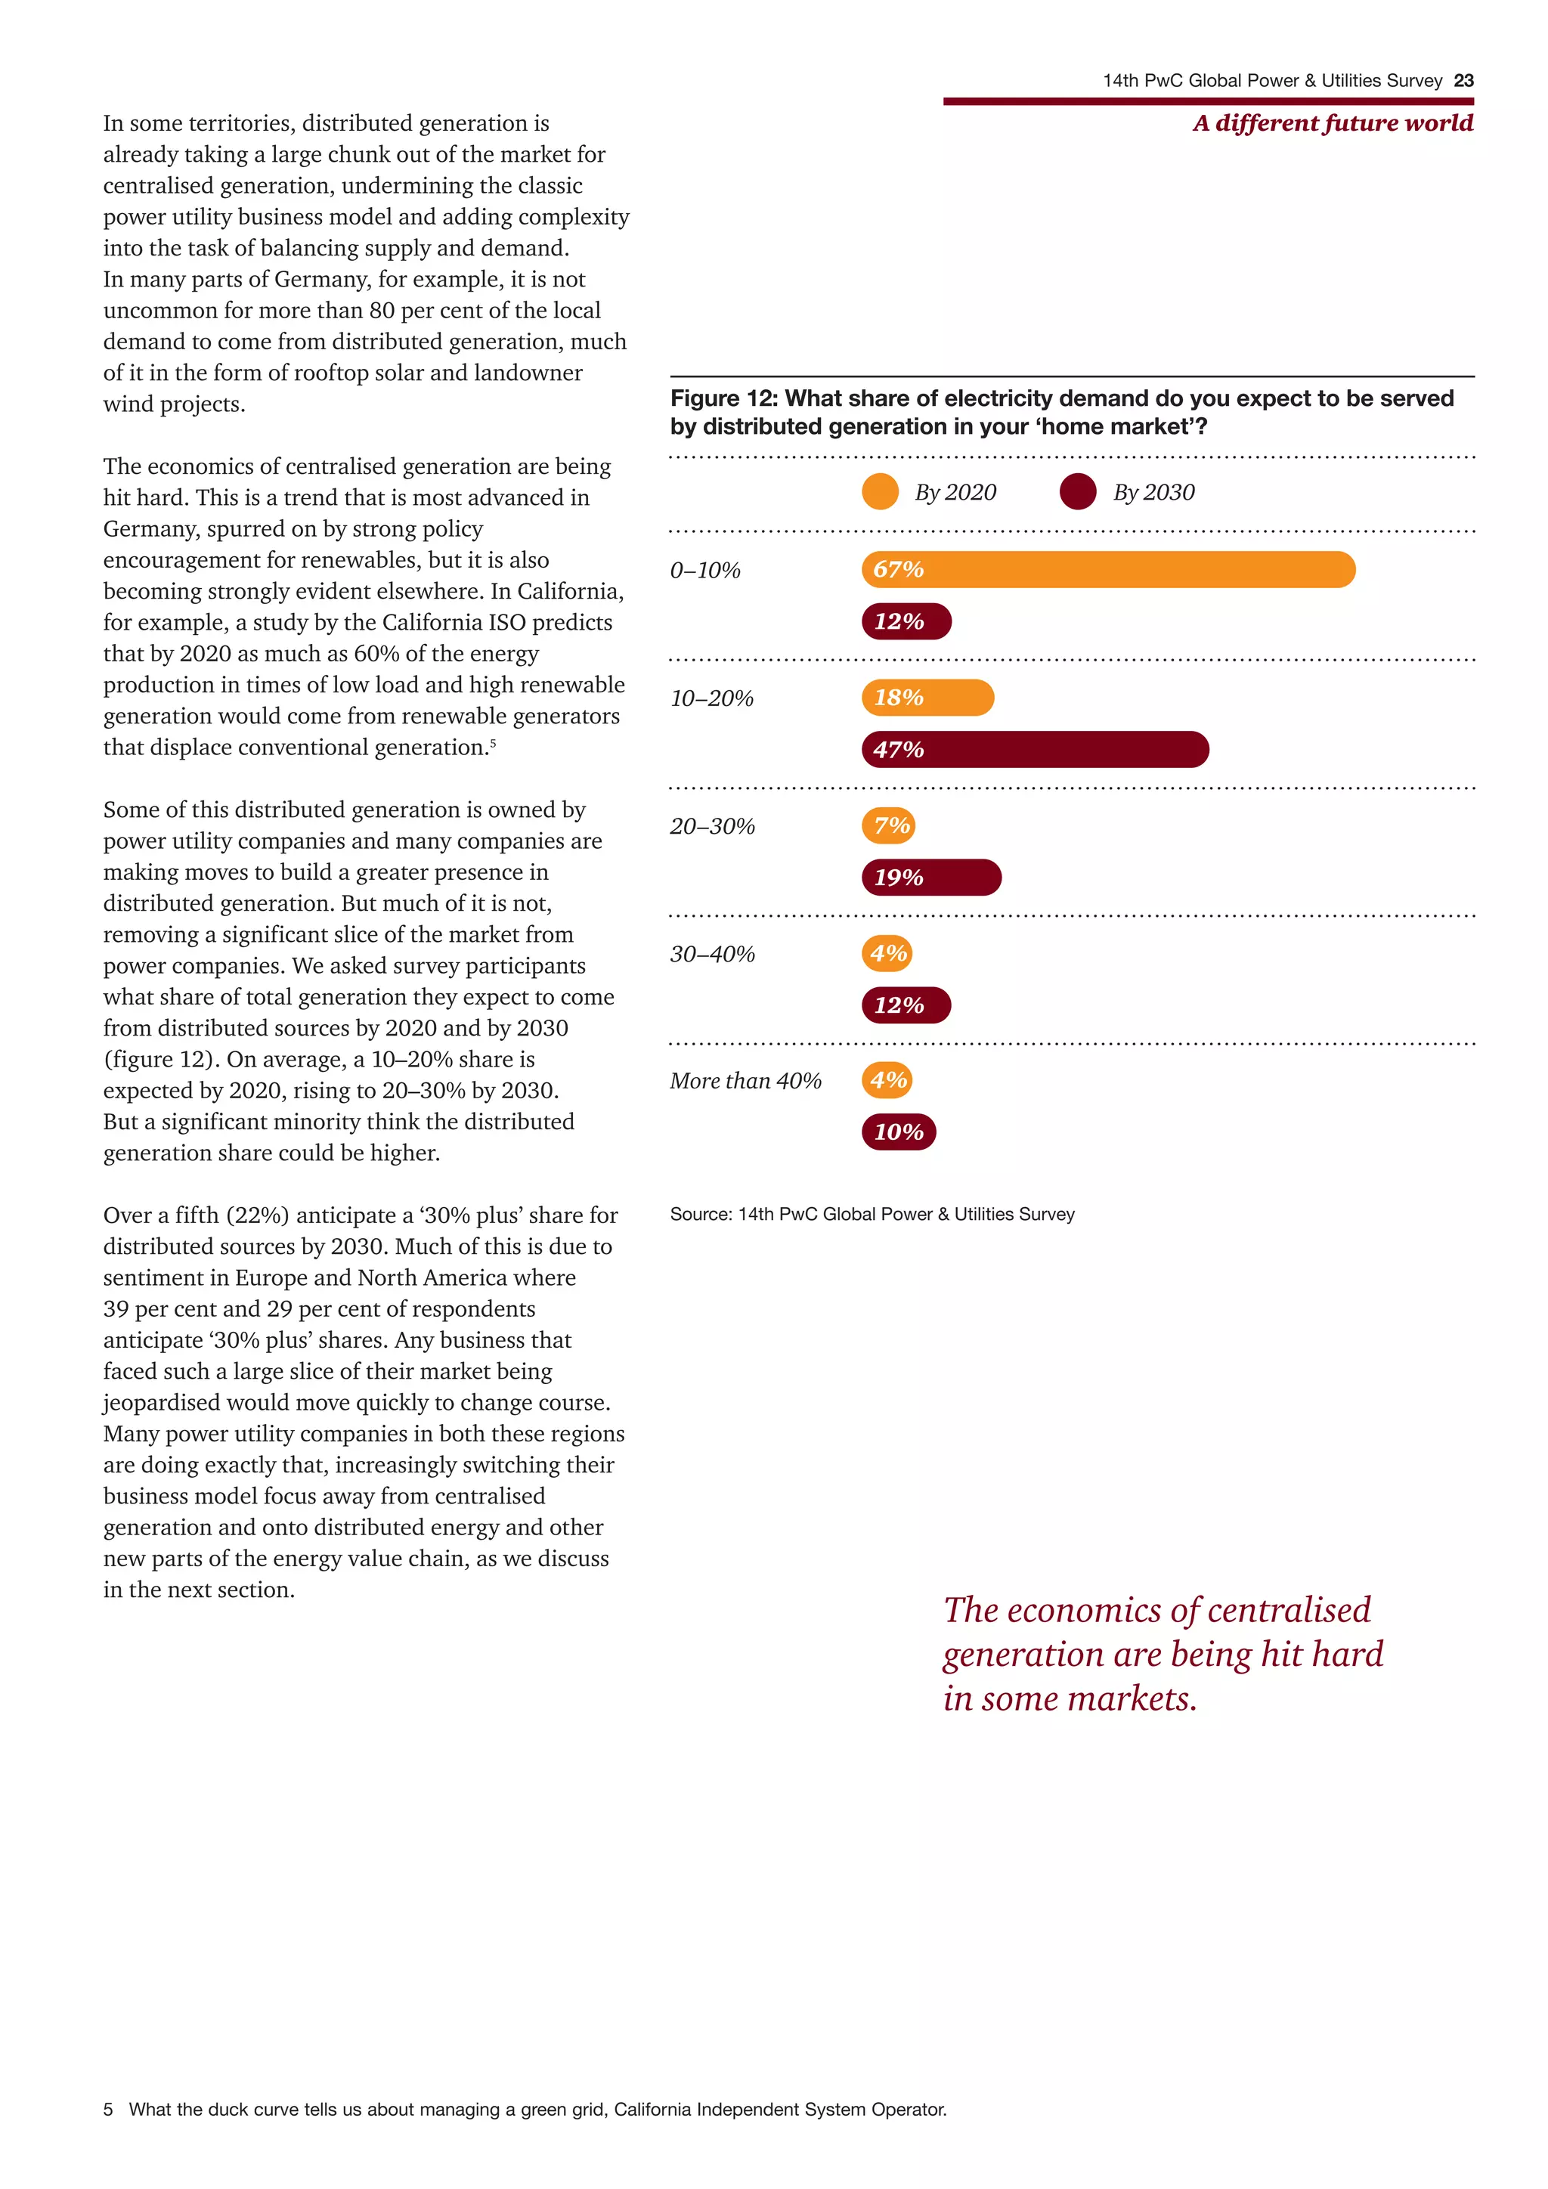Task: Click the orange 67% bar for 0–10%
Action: click(1107, 569)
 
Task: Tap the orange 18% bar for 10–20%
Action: click(927, 697)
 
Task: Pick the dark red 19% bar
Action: click(931, 877)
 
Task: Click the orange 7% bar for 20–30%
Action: click(888, 825)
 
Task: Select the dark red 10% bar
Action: click(899, 1132)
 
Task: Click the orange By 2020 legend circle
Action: click(880, 492)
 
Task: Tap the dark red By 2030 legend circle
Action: click(1078, 492)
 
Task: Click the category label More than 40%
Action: click(745, 1080)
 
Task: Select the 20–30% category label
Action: click(712, 825)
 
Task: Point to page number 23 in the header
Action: click(1463, 81)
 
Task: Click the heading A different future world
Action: click(1333, 123)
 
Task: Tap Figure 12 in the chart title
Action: click(723, 398)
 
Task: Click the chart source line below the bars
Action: click(872, 1214)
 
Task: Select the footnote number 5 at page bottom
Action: click(108, 2109)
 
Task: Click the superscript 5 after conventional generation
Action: click(493, 742)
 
